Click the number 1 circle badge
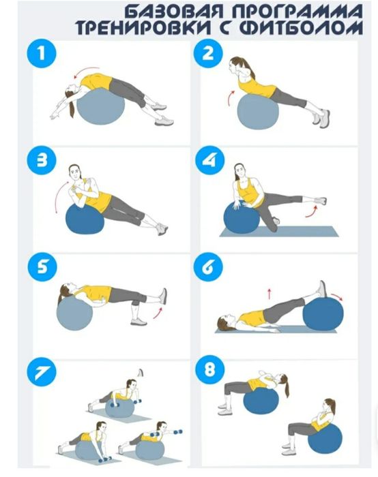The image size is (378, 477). point(42,53)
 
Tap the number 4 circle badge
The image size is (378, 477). point(209,160)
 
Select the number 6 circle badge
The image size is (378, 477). point(208,266)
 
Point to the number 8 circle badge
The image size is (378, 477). point(209,370)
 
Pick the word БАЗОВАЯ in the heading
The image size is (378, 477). point(174,12)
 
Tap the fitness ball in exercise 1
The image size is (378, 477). point(100,106)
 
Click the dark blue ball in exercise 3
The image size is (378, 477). point(85,219)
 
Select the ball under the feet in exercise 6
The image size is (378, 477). point(323,314)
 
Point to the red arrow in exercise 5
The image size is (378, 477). point(158,313)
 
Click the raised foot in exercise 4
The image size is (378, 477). point(321,201)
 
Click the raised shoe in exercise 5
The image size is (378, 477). point(163,296)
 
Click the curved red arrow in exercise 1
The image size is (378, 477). point(85,71)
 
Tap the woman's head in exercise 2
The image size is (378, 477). point(235,66)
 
